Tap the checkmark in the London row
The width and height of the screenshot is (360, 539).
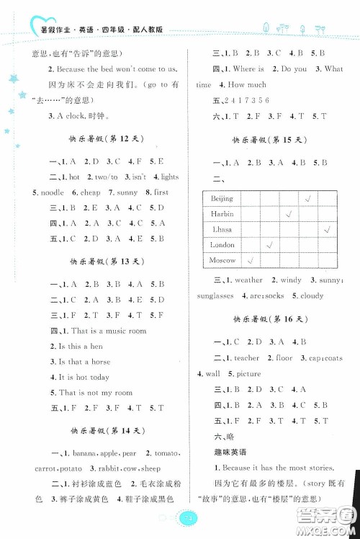[269, 245]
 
